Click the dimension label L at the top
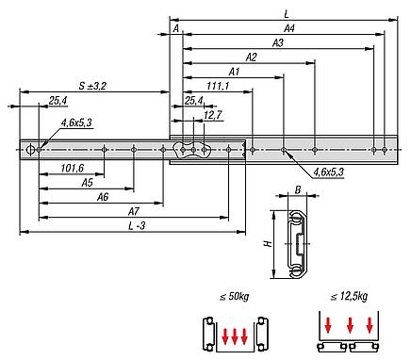point(287,14)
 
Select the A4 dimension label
point(289,28)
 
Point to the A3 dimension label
point(278,43)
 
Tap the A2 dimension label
point(251,57)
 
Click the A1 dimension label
point(234,72)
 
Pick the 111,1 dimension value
point(218,86)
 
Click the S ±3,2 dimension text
point(92,86)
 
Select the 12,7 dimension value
point(213,115)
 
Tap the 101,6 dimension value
point(73,169)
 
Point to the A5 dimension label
point(87,183)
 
